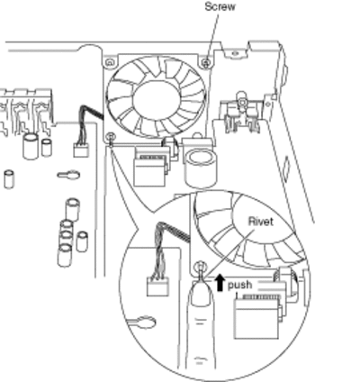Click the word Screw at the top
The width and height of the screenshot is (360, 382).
[220, 6]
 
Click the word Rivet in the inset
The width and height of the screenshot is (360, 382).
[261, 222]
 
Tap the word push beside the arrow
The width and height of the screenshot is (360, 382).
[239, 286]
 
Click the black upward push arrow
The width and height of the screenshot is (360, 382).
[220, 283]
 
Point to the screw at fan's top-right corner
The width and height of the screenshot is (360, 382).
[205, 63]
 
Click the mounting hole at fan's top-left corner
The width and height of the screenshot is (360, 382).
[110, 62]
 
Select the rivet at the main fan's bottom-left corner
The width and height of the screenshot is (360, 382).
[111, 137]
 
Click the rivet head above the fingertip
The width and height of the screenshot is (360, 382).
[201, 266]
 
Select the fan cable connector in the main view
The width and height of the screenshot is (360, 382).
[81, 150]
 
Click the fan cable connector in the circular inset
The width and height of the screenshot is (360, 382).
[157, 286]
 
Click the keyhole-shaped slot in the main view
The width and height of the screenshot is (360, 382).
[68, 175]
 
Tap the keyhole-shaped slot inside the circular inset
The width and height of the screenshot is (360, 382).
[143, 322]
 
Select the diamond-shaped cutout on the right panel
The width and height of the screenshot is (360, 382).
[287, 166]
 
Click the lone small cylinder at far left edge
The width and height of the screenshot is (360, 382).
[9, 179]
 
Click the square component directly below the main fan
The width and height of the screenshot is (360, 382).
[150, 167]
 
